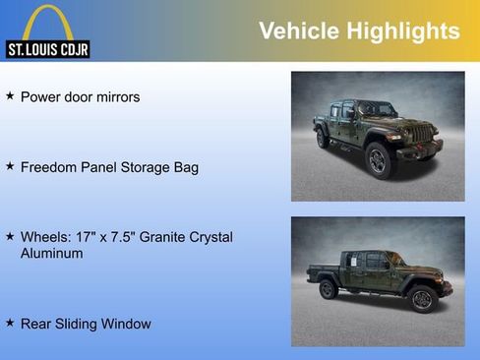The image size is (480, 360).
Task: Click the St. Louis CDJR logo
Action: click(x=47, y=33)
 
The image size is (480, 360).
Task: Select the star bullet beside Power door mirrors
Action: click(x=10, y=96)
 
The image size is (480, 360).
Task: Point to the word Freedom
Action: click(x=48, y=167)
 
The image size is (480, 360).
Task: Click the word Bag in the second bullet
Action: click(x=185, y=167)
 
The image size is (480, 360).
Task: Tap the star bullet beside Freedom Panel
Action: click(x=10, y=166)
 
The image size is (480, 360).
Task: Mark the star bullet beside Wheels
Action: click(x=10, y=237)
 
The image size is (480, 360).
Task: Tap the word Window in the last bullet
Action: click(x=128, y=324)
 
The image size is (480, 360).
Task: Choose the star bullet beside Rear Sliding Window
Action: click(x=10, y=323)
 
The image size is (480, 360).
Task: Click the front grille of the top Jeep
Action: click(x=420, y=135)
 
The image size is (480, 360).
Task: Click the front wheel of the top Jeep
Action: click(x=379, y=160)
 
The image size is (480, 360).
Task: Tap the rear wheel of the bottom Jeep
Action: click(x=329, y=289)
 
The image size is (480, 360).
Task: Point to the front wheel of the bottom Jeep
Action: click(x=423, y=298)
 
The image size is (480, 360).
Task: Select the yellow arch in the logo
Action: click(x=47, y=20)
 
